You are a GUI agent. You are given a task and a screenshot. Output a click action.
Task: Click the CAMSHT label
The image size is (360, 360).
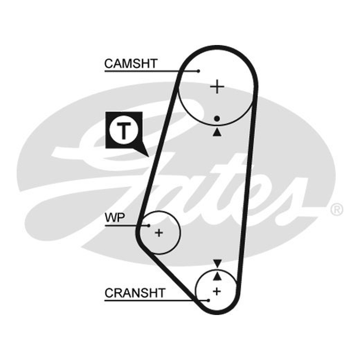(x=131, y=63)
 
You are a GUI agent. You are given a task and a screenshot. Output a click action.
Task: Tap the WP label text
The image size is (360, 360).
(x=115, y=217)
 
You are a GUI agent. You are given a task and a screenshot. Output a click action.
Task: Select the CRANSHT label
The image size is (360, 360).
(x=135, y=293)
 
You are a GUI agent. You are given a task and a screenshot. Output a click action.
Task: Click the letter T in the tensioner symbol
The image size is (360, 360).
(x=124, y=131)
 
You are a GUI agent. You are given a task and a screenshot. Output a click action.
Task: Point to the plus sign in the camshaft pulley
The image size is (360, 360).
(x=217, y=86)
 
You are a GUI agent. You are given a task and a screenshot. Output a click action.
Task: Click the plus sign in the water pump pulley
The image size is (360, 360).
(x=159, y=233)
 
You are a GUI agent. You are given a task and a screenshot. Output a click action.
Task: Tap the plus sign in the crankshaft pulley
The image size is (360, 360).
(x=217, y=291)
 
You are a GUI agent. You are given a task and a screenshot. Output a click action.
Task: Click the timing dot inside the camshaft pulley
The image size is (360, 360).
(x=217, y=118)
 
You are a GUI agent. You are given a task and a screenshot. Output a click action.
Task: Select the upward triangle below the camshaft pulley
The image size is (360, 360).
(x=217, y=133)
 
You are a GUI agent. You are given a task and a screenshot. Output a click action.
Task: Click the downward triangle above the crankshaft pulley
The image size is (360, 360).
(x=217, y=263)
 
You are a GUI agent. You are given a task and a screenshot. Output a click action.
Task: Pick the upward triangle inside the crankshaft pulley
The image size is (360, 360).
(x=217, y=276)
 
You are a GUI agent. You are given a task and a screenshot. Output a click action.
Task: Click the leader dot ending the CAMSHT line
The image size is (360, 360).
(x=198, y=71)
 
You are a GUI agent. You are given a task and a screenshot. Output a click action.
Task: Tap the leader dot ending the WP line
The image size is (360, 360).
(x=149, y=226)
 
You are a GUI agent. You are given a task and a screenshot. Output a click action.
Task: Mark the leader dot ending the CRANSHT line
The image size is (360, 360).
(x=208, y=300)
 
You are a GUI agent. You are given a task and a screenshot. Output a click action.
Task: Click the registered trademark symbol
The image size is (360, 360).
(x=337, y=209)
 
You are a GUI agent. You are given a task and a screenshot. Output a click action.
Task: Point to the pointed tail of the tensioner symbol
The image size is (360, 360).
(x=149, y=157)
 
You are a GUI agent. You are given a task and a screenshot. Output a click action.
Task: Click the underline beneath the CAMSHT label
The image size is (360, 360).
(x=152, y=71)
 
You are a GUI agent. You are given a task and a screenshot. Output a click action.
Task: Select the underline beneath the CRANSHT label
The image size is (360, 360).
(x=157, y=300)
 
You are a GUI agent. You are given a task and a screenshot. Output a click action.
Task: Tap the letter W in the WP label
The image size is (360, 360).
(x=110, y=217)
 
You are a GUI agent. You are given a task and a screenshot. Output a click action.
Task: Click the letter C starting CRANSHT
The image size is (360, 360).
(x=109, y=293)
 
